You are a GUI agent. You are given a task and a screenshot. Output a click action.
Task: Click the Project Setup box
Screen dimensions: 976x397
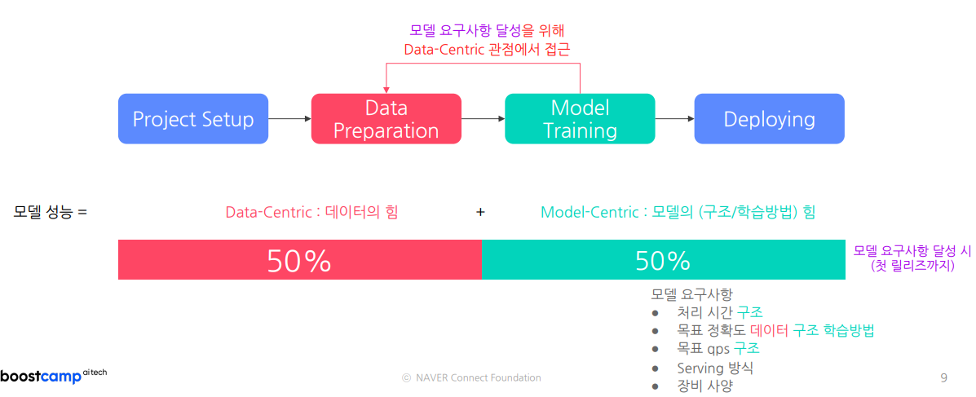193,119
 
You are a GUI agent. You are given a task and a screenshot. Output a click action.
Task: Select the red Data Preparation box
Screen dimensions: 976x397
386,119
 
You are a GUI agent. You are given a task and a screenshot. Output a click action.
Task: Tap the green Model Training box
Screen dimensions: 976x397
580,119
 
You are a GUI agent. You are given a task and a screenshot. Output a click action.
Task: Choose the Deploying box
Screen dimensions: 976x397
770,119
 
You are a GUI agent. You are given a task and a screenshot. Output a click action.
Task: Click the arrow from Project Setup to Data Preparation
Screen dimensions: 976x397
289,119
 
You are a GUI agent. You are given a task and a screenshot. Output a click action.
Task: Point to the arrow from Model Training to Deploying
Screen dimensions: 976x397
675,119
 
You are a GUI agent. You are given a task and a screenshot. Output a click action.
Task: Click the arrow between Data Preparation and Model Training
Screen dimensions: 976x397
483,119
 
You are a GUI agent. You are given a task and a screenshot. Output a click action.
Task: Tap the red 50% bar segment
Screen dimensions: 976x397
300,259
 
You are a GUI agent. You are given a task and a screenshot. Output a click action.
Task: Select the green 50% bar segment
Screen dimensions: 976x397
664,259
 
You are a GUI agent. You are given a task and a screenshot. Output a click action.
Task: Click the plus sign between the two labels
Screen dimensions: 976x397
480,212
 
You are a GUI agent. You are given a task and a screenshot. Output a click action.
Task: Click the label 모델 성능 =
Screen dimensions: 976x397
51,212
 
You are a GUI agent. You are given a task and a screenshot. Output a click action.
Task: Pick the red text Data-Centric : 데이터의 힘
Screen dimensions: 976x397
311,212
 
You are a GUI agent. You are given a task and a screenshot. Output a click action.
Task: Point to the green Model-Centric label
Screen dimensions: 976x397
678,212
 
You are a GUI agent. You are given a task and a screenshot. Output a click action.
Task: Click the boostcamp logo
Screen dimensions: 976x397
54,376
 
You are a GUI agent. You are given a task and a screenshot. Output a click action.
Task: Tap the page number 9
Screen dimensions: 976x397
943,377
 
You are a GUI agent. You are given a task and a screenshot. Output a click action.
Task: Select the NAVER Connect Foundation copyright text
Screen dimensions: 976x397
471,377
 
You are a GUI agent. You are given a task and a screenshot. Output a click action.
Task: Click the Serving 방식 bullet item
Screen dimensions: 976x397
715,368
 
